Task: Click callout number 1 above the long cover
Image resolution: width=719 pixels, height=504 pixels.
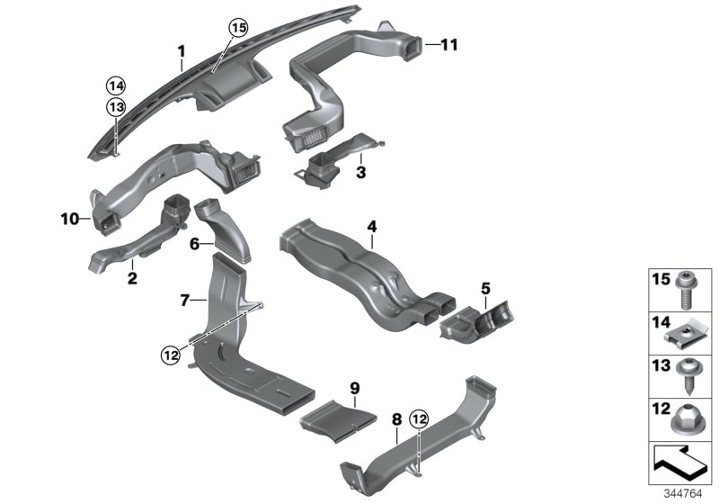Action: (180, 50)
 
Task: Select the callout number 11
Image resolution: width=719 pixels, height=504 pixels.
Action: (448, 42)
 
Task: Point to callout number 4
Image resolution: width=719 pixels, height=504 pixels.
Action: (370, 226)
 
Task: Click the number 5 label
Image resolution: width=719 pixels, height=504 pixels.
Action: (484, 289)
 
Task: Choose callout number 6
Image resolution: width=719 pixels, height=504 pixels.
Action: (193, 243)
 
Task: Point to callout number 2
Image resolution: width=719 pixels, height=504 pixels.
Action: (131, 279)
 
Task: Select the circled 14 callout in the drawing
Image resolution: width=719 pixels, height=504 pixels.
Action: (115, 86)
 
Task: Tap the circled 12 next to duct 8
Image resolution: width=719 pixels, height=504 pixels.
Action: (418, 418)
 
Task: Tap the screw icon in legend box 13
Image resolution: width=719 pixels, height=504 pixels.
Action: (688, 374)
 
